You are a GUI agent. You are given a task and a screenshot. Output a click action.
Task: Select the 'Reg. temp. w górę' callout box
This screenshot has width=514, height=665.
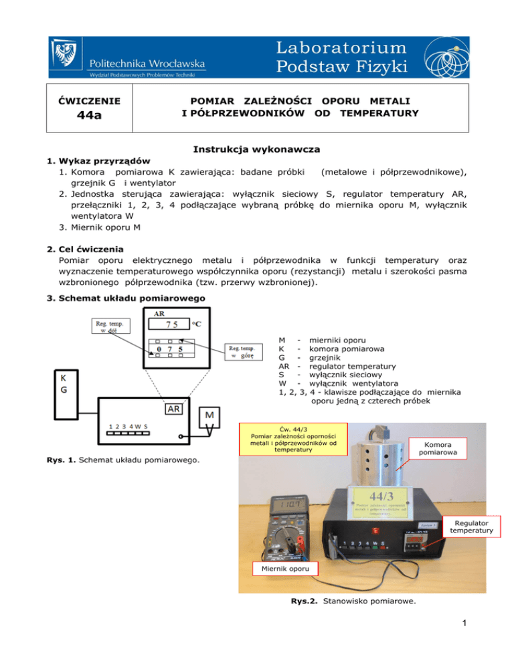[246, 352]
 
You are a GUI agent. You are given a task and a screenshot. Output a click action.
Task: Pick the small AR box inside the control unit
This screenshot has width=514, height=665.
[177, 409]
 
